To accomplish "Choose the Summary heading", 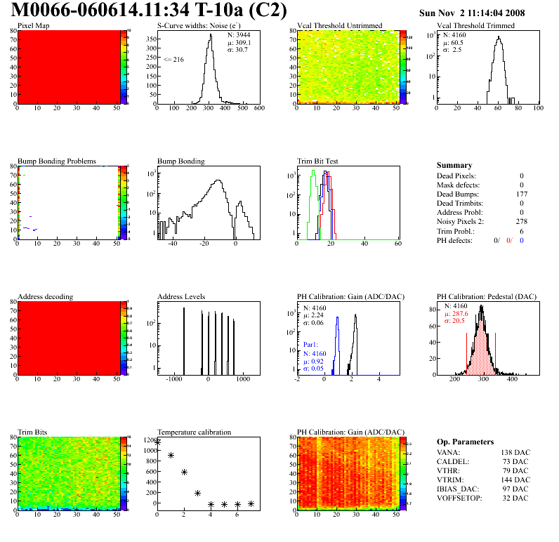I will pos(454,165).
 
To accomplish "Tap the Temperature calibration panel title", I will pos(194,432).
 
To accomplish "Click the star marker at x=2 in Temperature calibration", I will pos(184,472).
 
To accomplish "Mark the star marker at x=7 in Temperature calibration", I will pos(251,503).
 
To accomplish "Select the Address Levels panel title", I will pos(181,297).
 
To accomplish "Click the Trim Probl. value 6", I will pos(522,231).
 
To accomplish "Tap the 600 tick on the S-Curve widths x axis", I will pos(259,109).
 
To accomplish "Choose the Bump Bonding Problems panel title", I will pos(57,161).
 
